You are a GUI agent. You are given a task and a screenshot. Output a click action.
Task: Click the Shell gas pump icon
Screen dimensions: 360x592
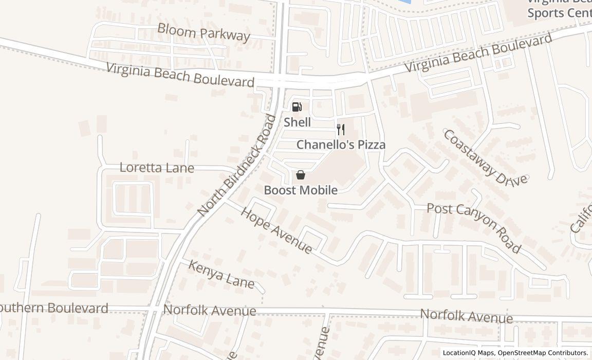tap(297, 107)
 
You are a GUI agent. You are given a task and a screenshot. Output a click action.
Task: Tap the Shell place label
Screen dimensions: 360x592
tap(297, 122)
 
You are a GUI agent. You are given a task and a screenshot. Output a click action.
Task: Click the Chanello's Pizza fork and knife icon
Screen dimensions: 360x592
tap(340, 129)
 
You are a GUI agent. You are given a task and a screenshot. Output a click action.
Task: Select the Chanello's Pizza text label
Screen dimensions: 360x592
tap(341, 145)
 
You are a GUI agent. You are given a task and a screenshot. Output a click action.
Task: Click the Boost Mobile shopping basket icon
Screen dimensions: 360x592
tap(301, 175)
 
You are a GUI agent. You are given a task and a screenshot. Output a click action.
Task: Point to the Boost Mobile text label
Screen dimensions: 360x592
tap(301, 190)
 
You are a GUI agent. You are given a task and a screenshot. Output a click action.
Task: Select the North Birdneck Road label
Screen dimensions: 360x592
tap(237, 166)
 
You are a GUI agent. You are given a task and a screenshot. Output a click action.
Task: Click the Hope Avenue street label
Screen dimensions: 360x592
tap(276, 230)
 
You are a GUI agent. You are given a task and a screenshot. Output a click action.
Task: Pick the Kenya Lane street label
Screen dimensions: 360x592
tap(221, 274)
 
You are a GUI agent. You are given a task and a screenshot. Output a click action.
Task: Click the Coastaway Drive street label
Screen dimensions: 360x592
tap(485, 157)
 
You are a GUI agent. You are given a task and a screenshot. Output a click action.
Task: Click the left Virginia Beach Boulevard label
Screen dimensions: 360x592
tap(180, 75)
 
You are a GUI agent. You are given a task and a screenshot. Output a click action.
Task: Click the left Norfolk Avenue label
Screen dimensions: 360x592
tap(209, 311)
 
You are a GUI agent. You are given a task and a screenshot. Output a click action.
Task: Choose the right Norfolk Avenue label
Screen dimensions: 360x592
tap(466, 316)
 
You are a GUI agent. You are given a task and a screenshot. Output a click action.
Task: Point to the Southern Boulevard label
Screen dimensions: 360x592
tap(54, 308)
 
